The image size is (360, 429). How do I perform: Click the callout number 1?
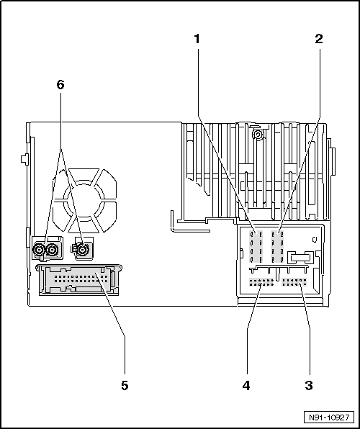(197, 39)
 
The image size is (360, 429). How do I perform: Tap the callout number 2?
(319, 39)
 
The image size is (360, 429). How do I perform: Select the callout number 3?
(309, 386)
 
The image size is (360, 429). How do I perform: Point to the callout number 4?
(246, 386)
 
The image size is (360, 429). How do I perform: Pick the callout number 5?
(125, 386)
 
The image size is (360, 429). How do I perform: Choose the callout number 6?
(60, 84)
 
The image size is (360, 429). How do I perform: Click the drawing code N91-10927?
(329, 417)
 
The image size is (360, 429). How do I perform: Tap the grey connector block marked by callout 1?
(256, 246)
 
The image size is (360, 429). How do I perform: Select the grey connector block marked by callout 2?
(277, 246)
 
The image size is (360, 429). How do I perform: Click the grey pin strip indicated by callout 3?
(294, 282)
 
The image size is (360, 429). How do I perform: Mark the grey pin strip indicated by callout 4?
(261, 282)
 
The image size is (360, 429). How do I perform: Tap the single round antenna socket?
(82, 250)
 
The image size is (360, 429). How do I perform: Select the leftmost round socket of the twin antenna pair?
(39, 250)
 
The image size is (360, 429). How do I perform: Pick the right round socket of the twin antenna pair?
(51, 250)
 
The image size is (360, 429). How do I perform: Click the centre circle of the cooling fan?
(84, 199)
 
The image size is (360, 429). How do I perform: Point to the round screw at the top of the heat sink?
(258, 135)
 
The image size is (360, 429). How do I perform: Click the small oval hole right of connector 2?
(315, 240)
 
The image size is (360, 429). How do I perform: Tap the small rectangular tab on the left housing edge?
(24, 159)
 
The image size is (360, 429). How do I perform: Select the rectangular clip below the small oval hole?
(300, 258)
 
